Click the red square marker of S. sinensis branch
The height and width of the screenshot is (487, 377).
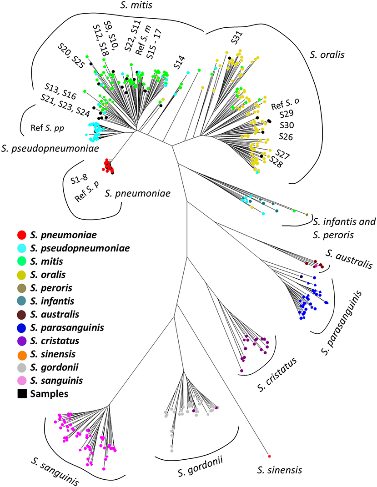pos(269,456)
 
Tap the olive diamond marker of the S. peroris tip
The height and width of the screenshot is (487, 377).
pos(307,215)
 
